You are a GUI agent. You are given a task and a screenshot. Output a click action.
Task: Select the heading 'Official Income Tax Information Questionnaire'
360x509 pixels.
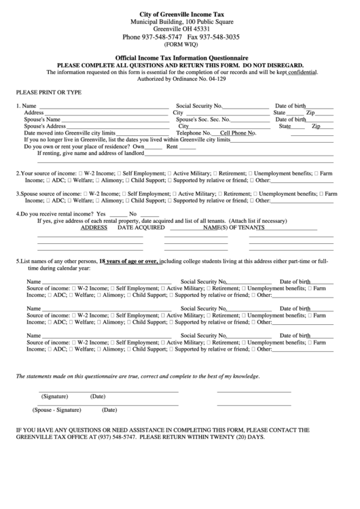180,58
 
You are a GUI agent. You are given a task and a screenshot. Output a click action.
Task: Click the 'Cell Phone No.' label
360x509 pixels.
238,133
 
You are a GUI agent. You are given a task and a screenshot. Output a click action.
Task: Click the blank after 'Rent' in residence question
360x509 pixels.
187,147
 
